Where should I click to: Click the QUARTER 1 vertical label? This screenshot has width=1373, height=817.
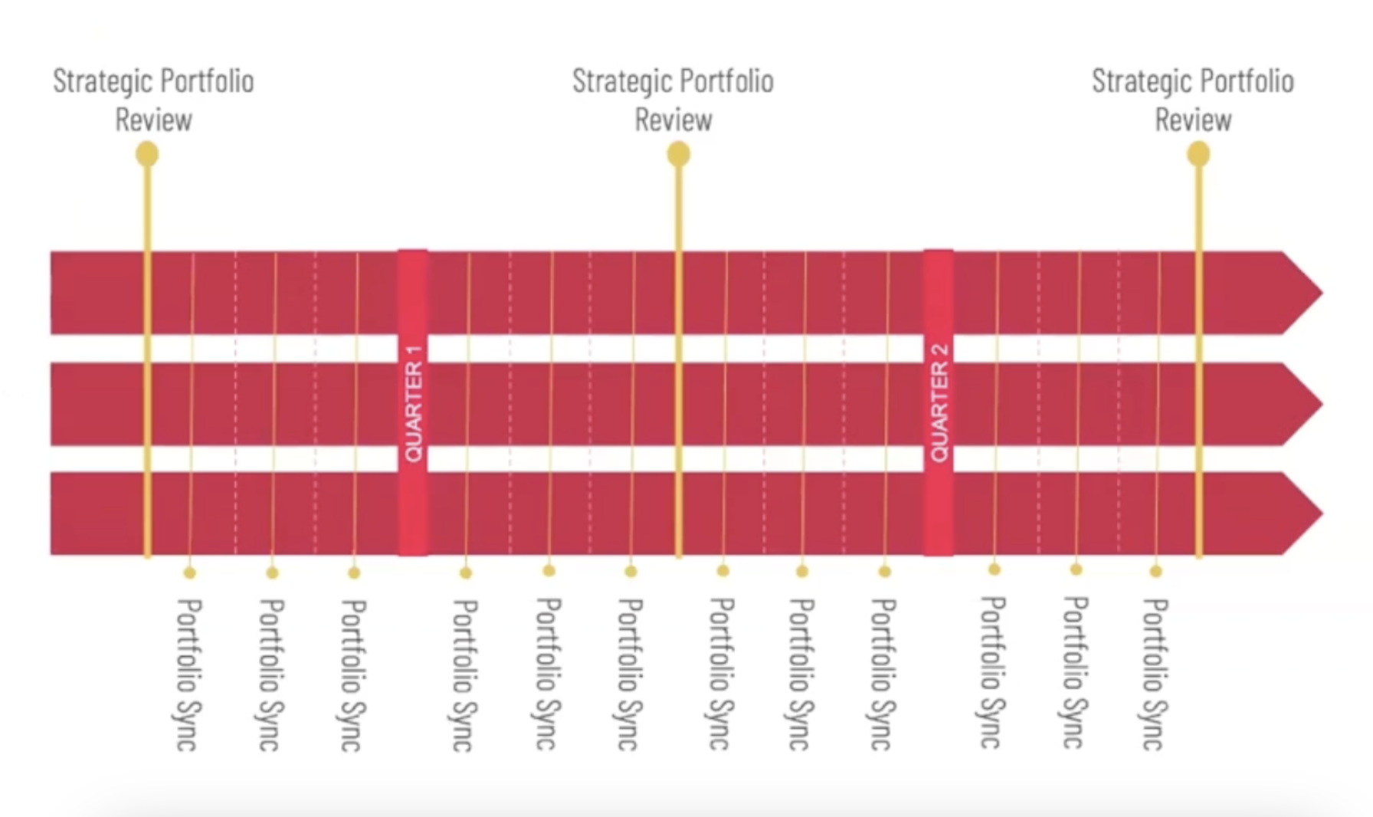coord(413,403)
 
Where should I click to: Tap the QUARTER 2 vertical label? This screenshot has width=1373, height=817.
coord(939,403)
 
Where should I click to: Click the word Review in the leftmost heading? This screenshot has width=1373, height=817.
coord(153,120)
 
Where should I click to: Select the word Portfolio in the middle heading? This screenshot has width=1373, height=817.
coord(726,81)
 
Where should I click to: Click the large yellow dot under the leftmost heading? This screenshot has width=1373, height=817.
coord(147,155)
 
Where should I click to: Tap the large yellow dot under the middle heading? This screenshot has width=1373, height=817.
coord(678,155)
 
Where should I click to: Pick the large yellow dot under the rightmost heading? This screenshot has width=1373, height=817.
coord(1198,155)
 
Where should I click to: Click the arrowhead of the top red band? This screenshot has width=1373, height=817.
coord(1303,292)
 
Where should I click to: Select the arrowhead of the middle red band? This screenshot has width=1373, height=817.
coord(1303,404)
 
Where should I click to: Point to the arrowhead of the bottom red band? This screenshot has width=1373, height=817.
coord(1303,513)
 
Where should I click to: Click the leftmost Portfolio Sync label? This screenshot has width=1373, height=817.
coord(188,674)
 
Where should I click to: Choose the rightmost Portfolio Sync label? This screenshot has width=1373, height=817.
coord(1154,674)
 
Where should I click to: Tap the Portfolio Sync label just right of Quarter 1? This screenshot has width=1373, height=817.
coord(463,674)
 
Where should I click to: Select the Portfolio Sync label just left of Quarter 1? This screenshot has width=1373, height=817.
coord(352,674)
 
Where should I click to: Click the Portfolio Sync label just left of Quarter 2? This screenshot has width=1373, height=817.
coord(883,674)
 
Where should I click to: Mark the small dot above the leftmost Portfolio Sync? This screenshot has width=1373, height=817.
coord(190,573)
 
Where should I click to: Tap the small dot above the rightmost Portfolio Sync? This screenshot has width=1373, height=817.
coord(1156,571)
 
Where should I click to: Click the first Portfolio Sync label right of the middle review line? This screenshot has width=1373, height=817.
coord(720,674)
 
